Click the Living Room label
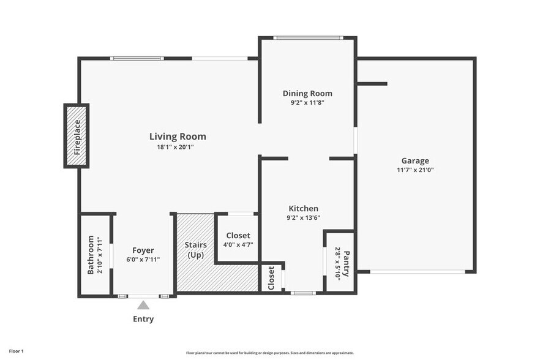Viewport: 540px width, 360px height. [178, 137]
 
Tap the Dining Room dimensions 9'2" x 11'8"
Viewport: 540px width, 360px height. [307, 103]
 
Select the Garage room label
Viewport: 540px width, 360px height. [415, 160]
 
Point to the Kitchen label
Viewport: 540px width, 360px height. [304, 209]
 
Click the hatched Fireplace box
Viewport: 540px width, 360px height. [77, 136]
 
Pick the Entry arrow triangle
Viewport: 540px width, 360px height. [143, 305]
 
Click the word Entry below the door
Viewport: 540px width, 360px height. [143, 319]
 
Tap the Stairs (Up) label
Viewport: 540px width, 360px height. [195, 250]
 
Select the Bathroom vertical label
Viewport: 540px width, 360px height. [91, 255]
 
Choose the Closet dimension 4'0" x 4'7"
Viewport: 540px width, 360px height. [238, 245]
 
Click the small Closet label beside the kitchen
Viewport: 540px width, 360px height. [271, 278]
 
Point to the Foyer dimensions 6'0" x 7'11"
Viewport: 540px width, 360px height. [143, 259]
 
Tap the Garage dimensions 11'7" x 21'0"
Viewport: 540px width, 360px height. [415, 170]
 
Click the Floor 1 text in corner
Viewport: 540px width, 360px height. [13, 351]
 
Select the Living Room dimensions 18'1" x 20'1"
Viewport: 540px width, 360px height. [178, 147]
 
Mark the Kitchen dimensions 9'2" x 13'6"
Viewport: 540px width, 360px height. [304, 217]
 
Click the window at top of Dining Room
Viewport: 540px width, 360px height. [307, 38]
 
